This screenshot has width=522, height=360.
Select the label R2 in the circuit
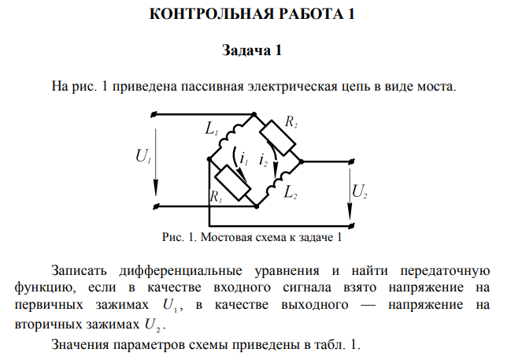291,122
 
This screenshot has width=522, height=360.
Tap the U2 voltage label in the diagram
360,191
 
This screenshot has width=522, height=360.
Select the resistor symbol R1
234,184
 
